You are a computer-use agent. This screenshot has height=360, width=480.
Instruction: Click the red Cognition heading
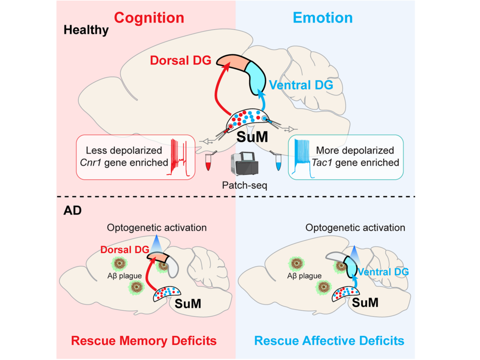click(x=149, y=18)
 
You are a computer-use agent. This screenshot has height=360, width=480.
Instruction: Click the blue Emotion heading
click(x=322, y=18)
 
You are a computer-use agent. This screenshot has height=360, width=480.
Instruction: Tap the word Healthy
click(x=86, y=30)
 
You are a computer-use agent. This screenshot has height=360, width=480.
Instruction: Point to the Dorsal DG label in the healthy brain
click(x=181, y=60)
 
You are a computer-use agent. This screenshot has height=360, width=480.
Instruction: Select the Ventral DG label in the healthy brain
click(x=301, y=85)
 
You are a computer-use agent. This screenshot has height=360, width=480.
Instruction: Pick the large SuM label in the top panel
click(x=252, y=137)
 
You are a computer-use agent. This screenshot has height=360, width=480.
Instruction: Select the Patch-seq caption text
click(x=245, y=185)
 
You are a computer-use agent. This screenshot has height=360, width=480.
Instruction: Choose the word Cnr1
click(x=91, y=162)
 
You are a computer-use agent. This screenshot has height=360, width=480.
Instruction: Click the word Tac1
click(x=322, y=162)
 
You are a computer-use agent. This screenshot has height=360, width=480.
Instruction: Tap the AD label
click(x=73, y=211)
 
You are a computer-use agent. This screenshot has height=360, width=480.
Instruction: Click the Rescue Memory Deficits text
click(x=144, y=341)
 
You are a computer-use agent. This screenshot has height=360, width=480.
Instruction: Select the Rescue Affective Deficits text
click(x=329, y=341)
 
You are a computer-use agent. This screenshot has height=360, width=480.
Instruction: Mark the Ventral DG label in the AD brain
click(x=383, y=272)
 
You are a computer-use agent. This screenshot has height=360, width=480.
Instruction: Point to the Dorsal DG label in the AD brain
click(x=124, y=250)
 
